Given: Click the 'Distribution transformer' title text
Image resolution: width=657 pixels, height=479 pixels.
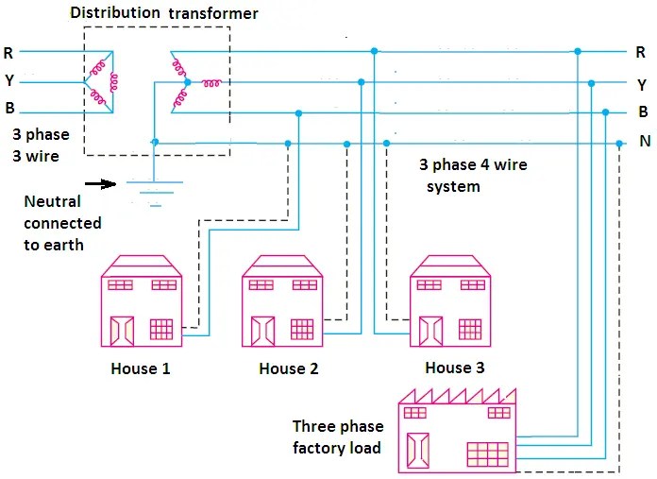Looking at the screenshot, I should point(164,13).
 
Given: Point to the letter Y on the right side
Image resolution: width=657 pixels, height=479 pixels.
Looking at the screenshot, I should point(642,83).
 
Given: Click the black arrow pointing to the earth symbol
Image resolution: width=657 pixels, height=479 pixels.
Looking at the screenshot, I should point(100,183).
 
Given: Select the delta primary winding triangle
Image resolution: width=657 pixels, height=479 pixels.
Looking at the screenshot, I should point(101,82).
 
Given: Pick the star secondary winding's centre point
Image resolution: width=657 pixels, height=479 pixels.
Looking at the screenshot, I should point(187,83).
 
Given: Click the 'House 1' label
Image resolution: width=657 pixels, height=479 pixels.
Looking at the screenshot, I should point(141,368).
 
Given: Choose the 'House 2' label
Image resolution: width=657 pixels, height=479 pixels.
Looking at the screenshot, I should point(289,368).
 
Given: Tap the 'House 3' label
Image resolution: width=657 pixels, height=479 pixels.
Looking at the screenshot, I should point(454,368).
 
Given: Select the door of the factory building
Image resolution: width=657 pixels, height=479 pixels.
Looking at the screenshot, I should point(418,450).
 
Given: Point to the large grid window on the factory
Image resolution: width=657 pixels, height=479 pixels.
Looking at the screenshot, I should point(487,454).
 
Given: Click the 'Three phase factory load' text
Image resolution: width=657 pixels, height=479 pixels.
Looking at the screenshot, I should point(336,436).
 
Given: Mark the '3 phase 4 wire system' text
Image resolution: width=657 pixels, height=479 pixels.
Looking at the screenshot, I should point(472,176).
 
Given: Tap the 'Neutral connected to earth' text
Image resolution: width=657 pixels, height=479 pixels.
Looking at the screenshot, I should point(62,223).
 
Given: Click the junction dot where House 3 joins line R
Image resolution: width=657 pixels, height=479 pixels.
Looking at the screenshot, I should point(375,50).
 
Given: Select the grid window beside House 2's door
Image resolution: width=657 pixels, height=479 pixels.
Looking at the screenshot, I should point(302,329).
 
